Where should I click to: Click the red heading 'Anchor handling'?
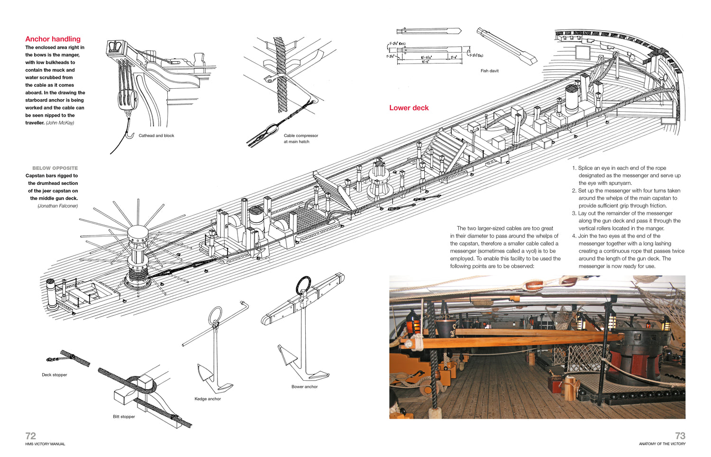click(53, 39)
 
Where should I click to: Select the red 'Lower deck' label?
click(409, 108)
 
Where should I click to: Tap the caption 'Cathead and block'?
click(156, 136)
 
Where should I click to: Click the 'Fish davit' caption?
click(489, 71)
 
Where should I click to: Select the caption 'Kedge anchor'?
click(208, 399)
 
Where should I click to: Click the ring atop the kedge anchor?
click(215, 315)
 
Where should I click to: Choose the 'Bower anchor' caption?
click(304, 387)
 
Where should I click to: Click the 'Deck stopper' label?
click(55, 375)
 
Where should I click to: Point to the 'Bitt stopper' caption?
click(124, 417)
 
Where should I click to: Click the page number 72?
click(31, 436)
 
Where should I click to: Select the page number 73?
click(680, 436)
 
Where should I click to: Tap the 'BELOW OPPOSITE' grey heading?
click(55, 168)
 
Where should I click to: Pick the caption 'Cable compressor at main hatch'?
click(301, 138)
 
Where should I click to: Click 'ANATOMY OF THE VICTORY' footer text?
click(662, 444)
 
